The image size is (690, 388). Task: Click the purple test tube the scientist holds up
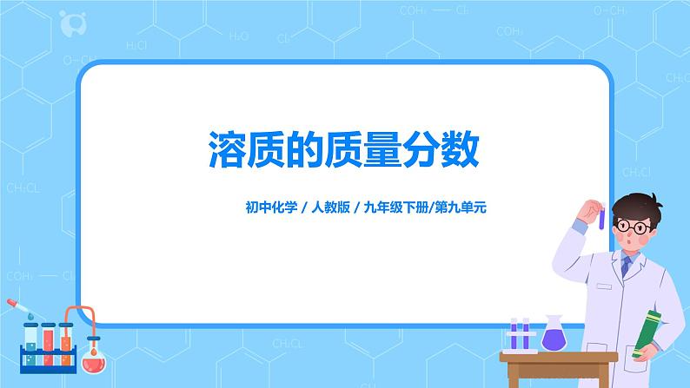coord(600,214)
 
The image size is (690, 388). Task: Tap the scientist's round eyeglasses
coord(637,227)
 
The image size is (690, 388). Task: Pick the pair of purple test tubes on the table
coord(519,333)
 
